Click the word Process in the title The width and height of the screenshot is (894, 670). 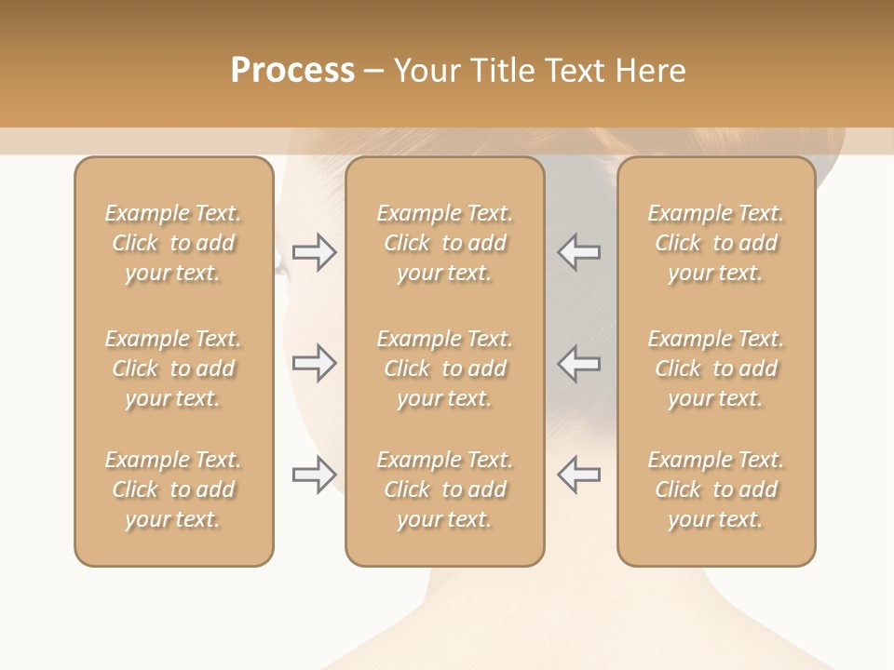pyautogui.click(x=292, y=71)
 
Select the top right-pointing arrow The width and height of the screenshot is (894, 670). pyautogui.click(x=314, y=252)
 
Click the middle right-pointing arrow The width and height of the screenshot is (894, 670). pyautogui.click(x=314, y=363)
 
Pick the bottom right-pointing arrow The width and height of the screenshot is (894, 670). pyautogui.click(x=314, y=475)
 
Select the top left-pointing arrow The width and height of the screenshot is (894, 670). pyautogui.click(x=578, y=252)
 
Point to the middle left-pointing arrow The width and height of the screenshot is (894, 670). pyautogui.click(x=578, y=363)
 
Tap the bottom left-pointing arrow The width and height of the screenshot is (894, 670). pyautogui.click(x=578, y=475)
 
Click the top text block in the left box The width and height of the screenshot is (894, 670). pyautogui.click(x=173, y=243)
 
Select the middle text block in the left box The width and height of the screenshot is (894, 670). pyautogui.click(x=173, y=368)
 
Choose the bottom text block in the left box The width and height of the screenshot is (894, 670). pyautogui.click(x=173, y=489)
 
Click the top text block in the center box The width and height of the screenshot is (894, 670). pyautogui.click(x=444, y=243)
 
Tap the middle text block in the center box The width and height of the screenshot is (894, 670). pyautogui.click(x=444, y=368)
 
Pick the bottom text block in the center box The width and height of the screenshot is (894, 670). pyautogui.click(x=444, y=489)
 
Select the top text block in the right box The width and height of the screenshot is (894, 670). pyautogui.click(x=716, y=243)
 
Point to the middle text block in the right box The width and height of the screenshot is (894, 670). pyautogui.click(x=716, y=368)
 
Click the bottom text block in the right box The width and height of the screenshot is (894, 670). pyautogui.click(x=716, y=489)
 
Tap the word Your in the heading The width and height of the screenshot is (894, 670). pyautogui.click(x=427, y=71)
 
